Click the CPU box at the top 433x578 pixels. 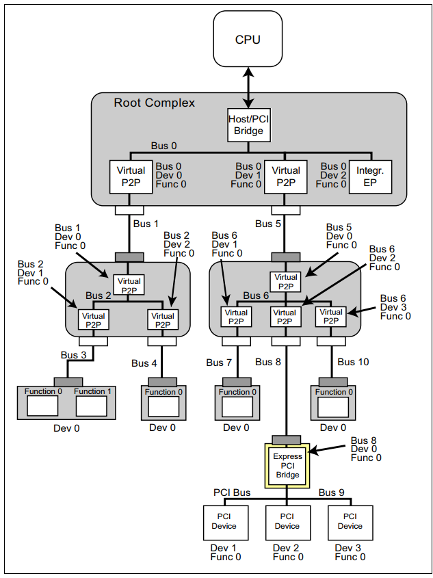(x=248, y=40)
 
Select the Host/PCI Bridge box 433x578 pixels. (x=248, y=125)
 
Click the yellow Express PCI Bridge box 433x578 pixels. (x=287, y=464)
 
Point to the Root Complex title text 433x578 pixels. (x=154, y=103)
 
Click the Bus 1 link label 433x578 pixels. (x=146, y=224)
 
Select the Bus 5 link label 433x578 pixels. (x=268, y=224)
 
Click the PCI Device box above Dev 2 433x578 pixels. (x=287, y=521)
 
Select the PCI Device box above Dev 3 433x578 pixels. (x=350, y=521)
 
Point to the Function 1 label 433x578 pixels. (x=92, y=391)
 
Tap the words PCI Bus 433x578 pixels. (x=232, y=492)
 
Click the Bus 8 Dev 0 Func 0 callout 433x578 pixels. (x=366, y=449)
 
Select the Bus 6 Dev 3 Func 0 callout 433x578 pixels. (x=395, y=307)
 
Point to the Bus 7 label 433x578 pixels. (x=220, y=362)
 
